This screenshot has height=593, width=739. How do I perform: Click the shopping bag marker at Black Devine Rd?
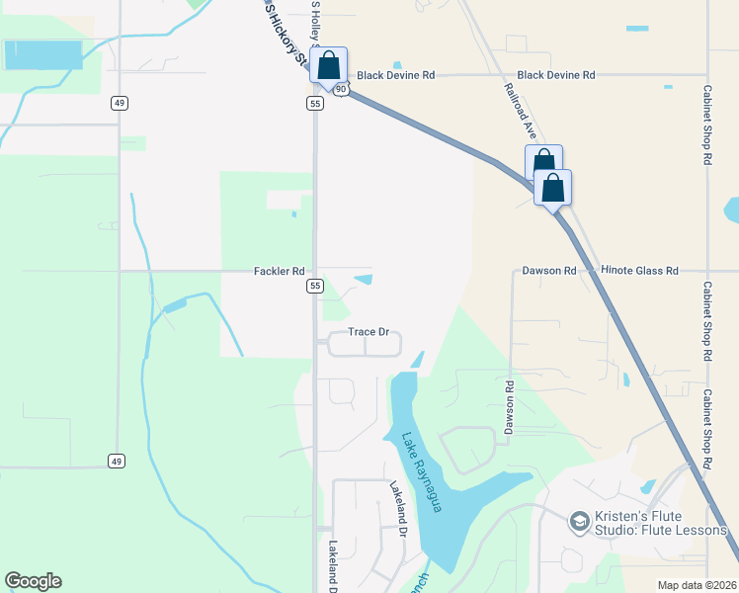(x=329, y=66)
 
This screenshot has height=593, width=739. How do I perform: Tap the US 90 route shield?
(x=340, y=89)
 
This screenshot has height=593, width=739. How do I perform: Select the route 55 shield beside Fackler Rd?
(x=315, y=286)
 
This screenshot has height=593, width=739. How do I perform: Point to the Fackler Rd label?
(x=278, y=271)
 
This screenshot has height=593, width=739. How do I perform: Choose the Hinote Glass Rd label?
(x=640, y=271)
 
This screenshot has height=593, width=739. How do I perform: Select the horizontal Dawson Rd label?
(x=548, y=271)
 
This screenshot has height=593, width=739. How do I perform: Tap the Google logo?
(x=33, y=581)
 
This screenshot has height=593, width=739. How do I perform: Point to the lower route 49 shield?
(x=117, y=461)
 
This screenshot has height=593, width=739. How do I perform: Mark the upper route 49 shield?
(x=119, y=103)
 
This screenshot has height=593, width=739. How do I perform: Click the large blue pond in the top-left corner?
(x=43, y=54)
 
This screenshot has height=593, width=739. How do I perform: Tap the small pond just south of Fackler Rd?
(x=363, y=280)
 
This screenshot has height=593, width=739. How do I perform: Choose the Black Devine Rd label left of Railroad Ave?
(x=396, y=75)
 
